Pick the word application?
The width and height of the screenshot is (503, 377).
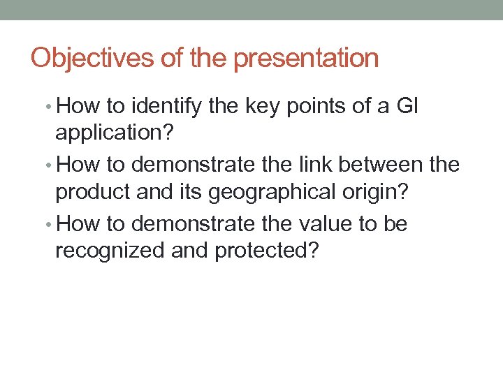(110, 131)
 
